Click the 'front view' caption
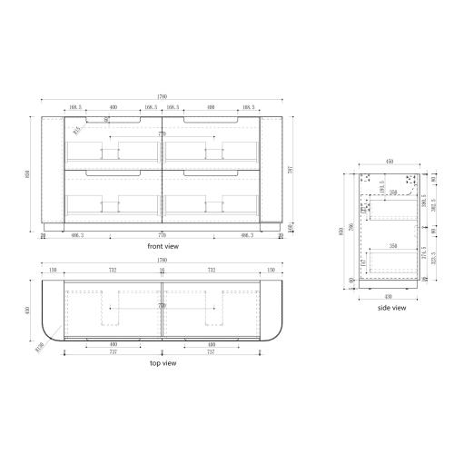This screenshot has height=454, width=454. [x=162, y=246]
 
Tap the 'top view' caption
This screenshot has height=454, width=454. [x=162, y=363]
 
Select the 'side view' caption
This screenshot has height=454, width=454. [x=392, y=308]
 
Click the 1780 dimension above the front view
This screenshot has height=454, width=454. [x=163, y=98]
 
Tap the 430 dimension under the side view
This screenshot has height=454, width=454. [x=390, y=296]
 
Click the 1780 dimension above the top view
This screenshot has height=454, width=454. [x=163, y=264]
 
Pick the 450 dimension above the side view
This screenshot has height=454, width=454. [x=391, y=162]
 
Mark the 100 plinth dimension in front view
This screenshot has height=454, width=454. [x=289, y=227]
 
